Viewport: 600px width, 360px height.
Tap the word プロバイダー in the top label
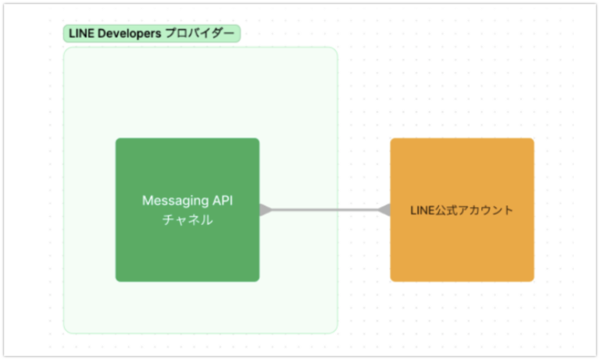199,34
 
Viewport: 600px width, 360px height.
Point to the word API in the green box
222,201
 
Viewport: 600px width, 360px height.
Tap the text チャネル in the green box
187,220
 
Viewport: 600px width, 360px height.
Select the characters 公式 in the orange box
448,210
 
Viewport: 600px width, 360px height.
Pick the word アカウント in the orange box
487,210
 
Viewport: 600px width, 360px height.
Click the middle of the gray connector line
325,210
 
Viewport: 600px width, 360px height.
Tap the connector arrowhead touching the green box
266,210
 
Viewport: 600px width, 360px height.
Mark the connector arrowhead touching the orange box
384,210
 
